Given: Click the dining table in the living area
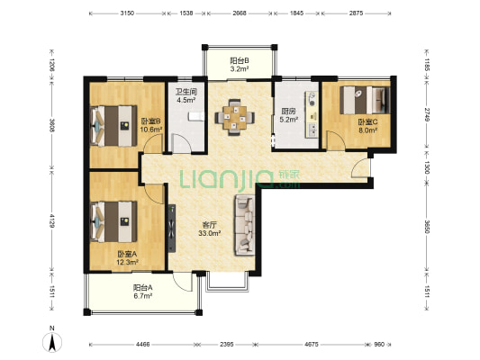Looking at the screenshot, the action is [x=234, y=117].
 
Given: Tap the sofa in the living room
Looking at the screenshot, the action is [x=245, y=225].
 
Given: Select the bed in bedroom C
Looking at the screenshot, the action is [x=366, y=100].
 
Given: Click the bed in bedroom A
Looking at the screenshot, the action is [x=113, y=221].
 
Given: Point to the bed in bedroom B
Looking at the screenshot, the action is [x=113, y=126].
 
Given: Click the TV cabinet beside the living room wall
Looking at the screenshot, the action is [x=172, y=229].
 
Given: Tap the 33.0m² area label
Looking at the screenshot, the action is [x=210, y=233].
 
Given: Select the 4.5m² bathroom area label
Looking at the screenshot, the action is [x=186, y=100].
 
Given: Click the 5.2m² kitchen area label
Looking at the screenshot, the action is [x=289, y=120].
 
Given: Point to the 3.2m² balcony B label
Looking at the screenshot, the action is [x=240, y=68].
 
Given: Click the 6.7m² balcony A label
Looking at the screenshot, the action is [x=142, y=296].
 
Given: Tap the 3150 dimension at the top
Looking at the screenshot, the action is [x=127, y=13].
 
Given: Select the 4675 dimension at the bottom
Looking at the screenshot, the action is [x=312, y=345].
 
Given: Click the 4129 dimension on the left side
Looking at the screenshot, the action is [x=52, y=220].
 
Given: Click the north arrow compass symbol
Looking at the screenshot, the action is [x=52, y=340].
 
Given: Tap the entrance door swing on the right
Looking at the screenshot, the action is [x=360, y=168].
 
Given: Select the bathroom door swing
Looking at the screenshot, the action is [x=181, y=143].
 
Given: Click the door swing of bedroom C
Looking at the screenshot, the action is [x=336, y=140].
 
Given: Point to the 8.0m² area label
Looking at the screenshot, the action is [x=367, y=130].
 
